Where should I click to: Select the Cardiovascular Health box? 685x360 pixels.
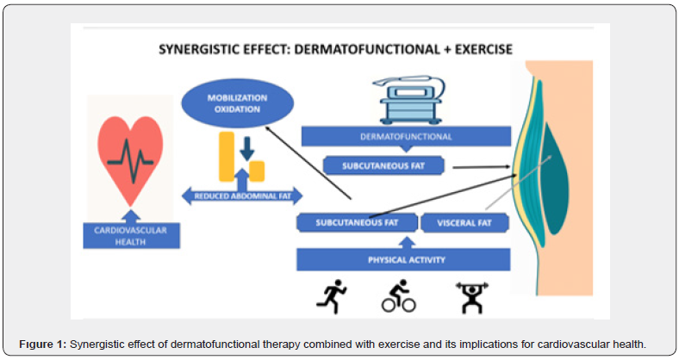tap(132, 235)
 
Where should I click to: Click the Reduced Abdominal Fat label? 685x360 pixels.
tap(240, 196)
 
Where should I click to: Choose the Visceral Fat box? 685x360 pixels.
tap(465, 223)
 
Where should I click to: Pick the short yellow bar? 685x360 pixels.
tap(256, 171)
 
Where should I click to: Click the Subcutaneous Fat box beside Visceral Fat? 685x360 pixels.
tap(357, 223)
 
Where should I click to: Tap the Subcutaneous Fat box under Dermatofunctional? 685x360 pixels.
tap(383, 166)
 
